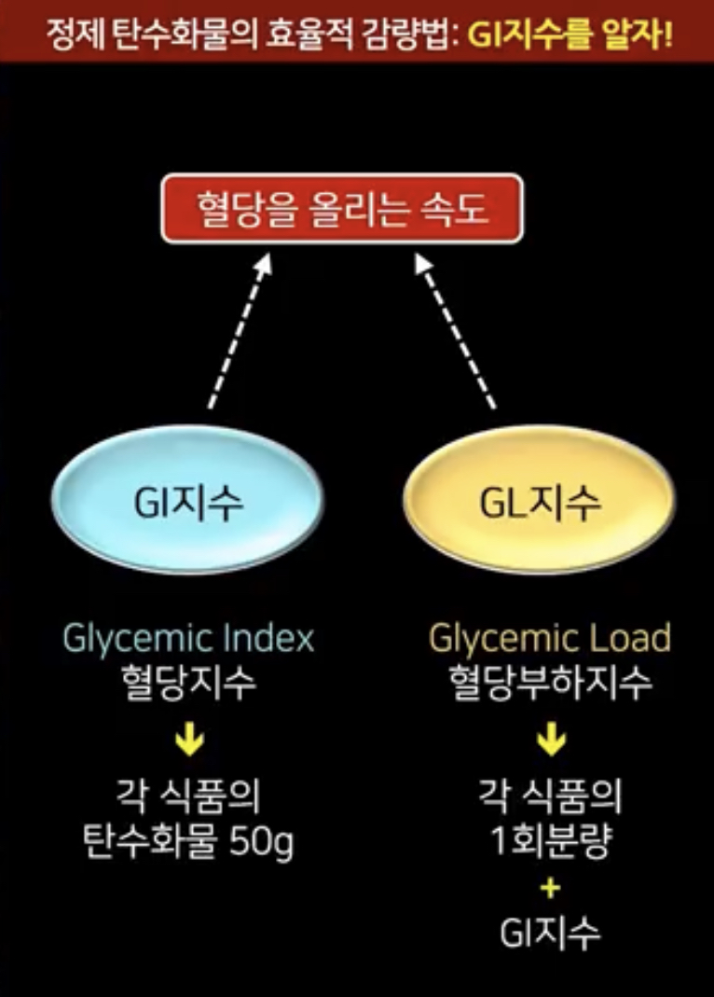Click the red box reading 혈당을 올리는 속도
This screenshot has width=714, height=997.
(341, 208)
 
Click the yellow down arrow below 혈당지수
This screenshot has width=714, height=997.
(189, 741)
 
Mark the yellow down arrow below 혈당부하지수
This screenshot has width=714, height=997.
(550, 741)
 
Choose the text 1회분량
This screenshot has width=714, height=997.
(550, 844)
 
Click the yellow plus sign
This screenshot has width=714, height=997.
(550, 888)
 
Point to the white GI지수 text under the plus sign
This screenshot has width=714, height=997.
(550, 934)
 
